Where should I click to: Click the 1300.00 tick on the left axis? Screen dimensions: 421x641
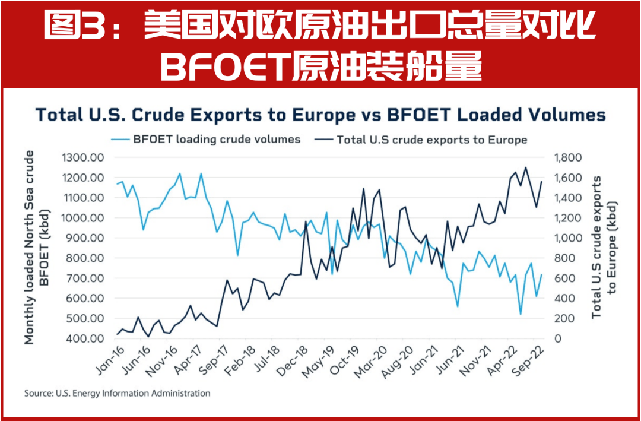[x=82, y=157]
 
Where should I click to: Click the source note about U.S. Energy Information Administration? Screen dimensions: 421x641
[x=117, y=393]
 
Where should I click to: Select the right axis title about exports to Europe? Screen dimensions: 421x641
[x=604, y=247]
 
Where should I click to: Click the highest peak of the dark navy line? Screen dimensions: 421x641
[x=525, y=167]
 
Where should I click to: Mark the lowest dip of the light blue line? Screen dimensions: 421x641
[x=521, y=314]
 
